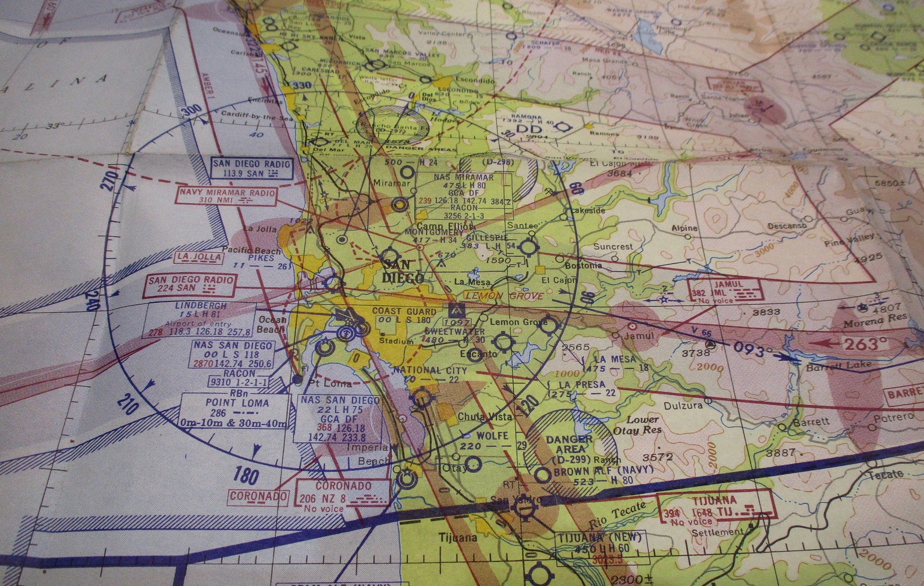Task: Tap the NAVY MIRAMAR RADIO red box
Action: tap(227, 195)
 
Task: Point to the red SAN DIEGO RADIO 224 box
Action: tap(190, 283)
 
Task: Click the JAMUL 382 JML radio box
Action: tap(724, 289)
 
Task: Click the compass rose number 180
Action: tap(246, 475)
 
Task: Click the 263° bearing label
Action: tap(863, 343)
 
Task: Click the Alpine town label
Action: tap(684, 228)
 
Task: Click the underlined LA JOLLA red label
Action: tap(200, 257)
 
